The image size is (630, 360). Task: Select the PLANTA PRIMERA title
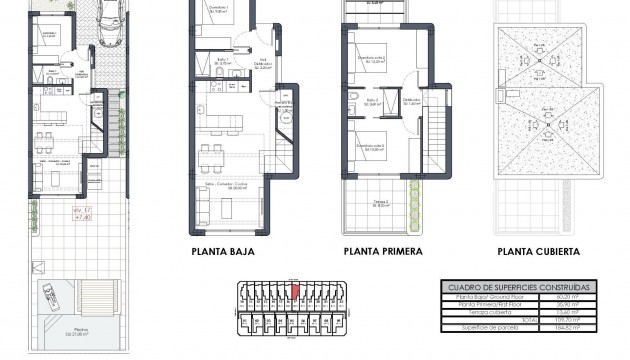[382, 252]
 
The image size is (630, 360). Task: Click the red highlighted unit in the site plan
[294, 291]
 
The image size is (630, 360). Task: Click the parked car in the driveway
[109, 20]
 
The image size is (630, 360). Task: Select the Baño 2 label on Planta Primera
[371, 101]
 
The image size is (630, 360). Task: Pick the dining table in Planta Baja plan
[210, 156]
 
